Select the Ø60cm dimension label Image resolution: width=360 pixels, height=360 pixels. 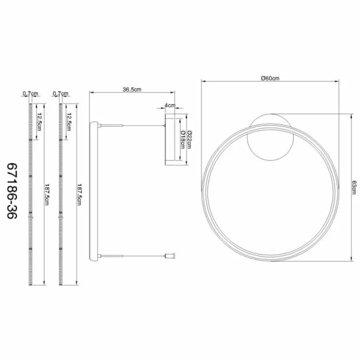270,78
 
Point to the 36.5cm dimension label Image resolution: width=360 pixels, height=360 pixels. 132,90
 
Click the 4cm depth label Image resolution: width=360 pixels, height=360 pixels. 170,105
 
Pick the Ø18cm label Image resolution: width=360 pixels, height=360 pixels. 183,139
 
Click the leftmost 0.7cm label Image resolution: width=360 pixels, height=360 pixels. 30,94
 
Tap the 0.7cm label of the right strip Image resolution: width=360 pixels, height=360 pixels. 60,94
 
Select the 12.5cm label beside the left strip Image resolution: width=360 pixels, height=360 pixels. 40,121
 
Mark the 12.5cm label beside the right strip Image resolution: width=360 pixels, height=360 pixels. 68,121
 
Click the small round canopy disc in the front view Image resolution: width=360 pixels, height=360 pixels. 270,136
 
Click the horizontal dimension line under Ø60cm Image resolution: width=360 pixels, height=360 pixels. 270,82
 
